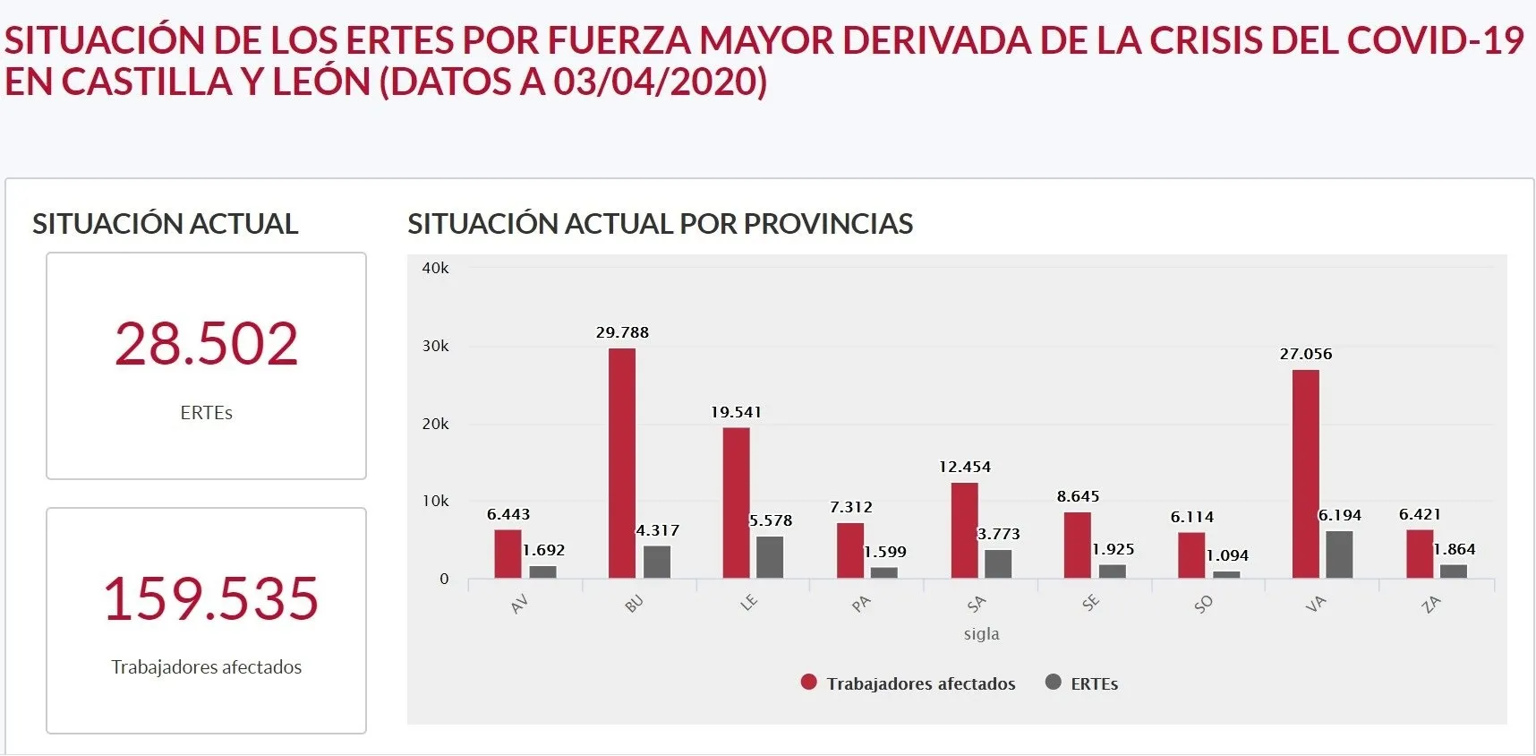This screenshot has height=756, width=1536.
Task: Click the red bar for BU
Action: [x=622, y=463]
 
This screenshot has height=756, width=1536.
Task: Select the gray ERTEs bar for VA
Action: [x=1339, y=554]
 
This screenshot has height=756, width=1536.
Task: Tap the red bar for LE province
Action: [x=736, y=503]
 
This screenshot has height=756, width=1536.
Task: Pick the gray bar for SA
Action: [x=998, y=563]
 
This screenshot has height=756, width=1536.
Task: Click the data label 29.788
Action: [x=622, y=332]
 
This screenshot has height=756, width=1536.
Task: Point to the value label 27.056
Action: [x=1305, y=354]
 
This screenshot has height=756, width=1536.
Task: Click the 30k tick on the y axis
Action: [x=435, y=346]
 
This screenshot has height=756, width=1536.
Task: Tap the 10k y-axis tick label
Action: [x=435, y=501]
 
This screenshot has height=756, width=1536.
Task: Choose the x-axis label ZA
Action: [x=1430, y=605]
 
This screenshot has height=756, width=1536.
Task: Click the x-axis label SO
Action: [x=1203, y=605]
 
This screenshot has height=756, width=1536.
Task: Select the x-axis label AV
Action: [x=519, y=605]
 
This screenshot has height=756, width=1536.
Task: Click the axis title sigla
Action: [x=981, y=633]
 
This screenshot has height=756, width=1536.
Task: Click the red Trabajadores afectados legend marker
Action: [x=808, y=683]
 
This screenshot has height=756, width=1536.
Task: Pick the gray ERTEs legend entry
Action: [x=1081, y=683]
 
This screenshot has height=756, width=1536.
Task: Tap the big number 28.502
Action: [x=206, y=344]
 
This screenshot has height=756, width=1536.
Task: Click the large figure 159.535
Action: [x=210, y=598]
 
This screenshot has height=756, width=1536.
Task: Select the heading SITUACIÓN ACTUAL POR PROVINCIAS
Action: [x=660, y=224]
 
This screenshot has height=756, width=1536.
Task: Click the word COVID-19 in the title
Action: [x=1434, y=40]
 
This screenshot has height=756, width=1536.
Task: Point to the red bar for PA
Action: [x=850, y=550]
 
